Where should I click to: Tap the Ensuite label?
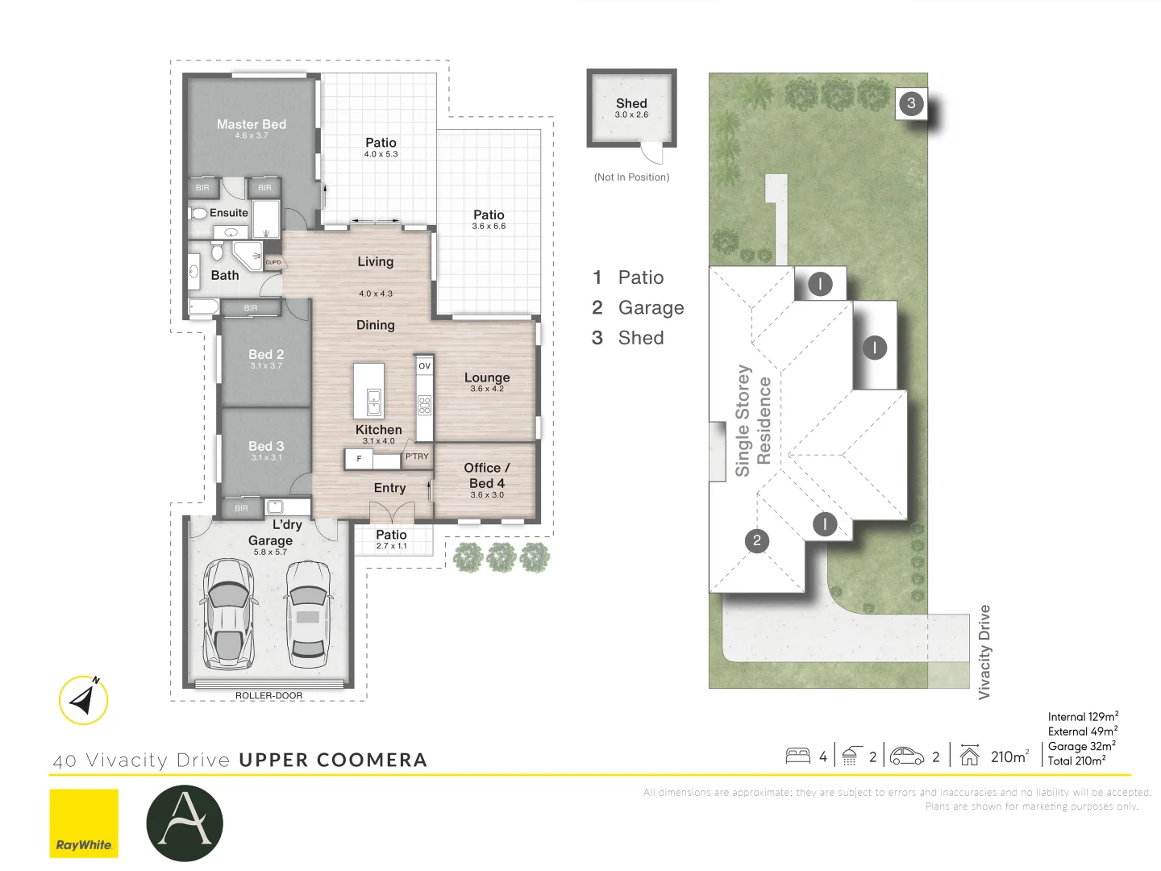228,213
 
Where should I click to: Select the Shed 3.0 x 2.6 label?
631,107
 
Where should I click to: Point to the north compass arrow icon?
84,700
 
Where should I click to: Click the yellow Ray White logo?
84,823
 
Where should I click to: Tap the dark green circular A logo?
185,823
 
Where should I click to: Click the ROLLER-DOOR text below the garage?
268,695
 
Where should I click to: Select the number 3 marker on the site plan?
911,103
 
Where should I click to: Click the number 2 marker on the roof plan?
757,540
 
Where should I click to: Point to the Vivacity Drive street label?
984,652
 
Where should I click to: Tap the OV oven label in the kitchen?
424,366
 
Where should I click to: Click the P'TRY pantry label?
417,456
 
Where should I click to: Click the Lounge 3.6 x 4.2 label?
487,381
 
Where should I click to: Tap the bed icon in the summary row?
797,756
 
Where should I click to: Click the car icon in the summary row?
906,756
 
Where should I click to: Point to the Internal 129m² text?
1083,717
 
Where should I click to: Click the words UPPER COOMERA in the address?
333,760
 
